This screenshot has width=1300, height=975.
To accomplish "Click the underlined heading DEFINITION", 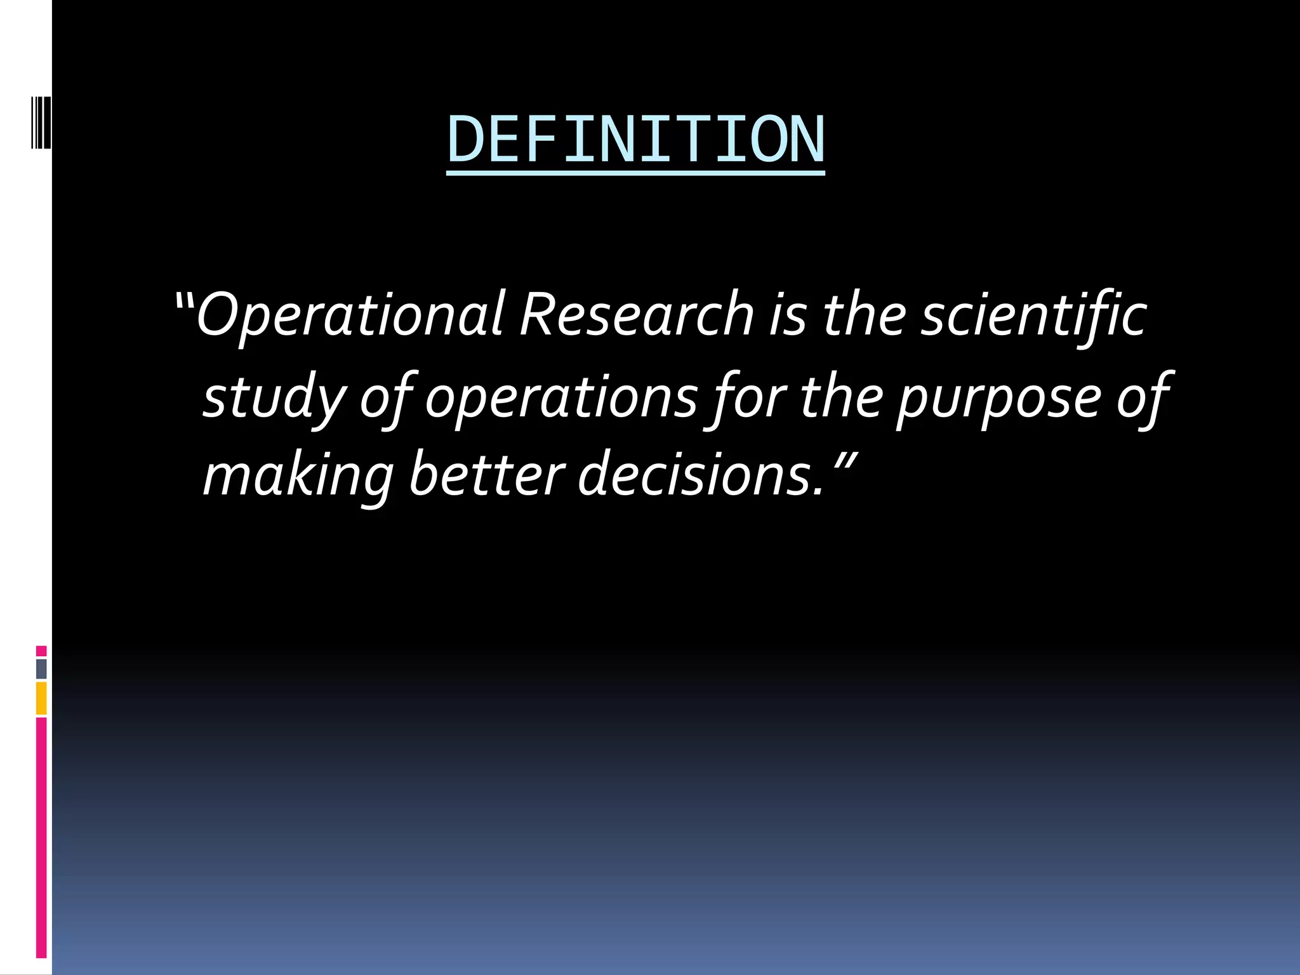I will pos(635,140).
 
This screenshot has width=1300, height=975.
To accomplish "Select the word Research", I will pos(637,314).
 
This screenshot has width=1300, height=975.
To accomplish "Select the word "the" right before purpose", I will pos(841,397).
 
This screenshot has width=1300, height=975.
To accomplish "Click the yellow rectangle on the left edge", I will pos(41,698).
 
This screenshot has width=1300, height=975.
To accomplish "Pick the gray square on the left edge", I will pos(41,668).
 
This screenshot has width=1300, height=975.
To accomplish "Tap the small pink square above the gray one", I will pos(41,651).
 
